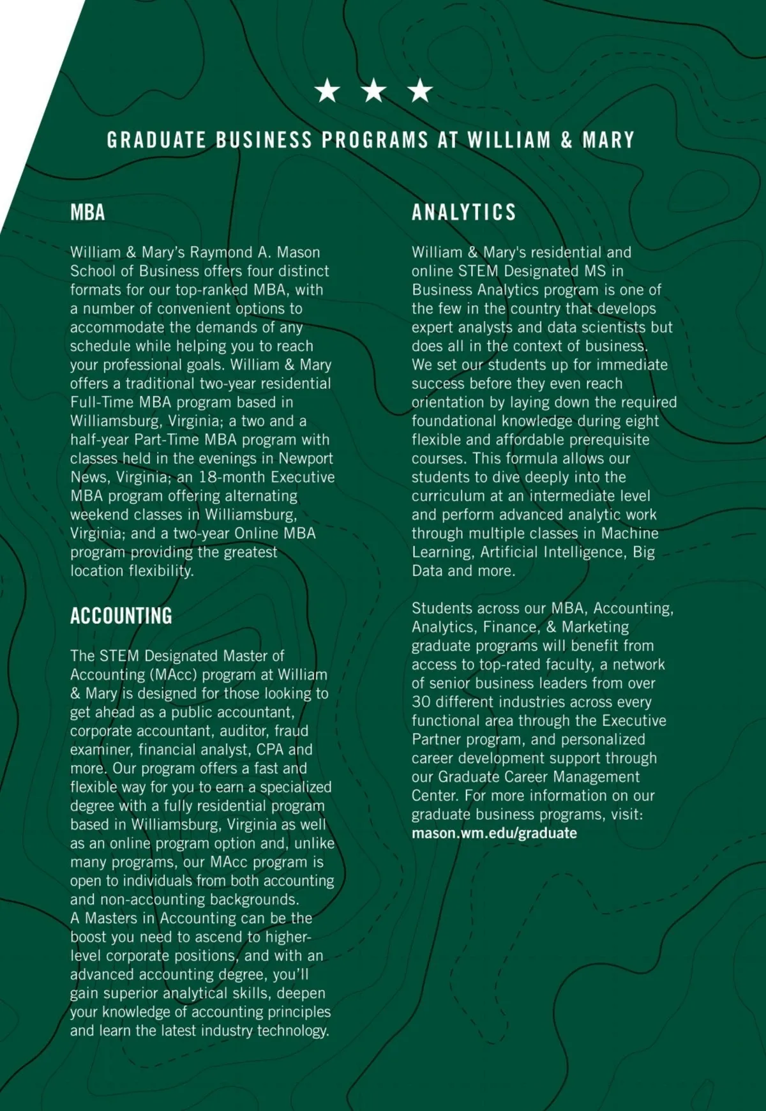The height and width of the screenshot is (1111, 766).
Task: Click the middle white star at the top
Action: click(374, 91)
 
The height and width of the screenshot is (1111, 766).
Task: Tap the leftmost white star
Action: click(327, 91)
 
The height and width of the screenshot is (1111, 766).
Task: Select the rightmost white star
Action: click(420, 91)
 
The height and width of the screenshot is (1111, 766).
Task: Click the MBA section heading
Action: click(87, 212)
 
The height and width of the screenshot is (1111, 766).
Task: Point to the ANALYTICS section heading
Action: click(463, 212)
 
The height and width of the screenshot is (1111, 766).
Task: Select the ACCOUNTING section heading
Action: click(121, 616)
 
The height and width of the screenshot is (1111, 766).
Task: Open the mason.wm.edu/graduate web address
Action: click(494, 833)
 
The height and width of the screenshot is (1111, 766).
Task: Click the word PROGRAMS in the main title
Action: click(375, 140)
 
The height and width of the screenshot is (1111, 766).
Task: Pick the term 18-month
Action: click(231, 477)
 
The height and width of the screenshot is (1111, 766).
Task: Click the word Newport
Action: click(306, 458)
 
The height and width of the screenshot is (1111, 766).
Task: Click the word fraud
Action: click(291, 731)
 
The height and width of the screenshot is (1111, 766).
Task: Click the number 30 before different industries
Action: click(421, 702)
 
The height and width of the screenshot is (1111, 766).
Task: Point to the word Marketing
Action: click(595, 627)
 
